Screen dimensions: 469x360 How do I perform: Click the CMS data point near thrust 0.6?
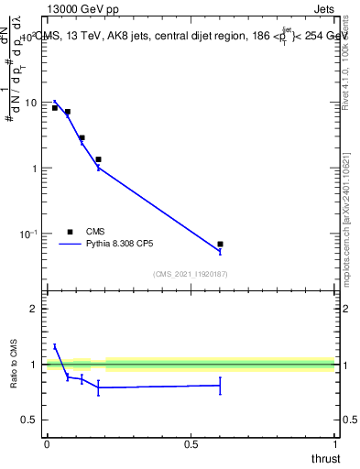(x=220, y=245)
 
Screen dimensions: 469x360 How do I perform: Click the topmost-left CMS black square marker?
(x=55, y=108)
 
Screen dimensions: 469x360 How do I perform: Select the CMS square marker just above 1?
(x=98, y=159)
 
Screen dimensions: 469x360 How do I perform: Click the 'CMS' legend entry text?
(x=96, y=232)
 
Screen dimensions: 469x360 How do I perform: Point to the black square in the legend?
(x=69, y=232)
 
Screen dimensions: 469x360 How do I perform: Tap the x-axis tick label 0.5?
(x=191, y=443)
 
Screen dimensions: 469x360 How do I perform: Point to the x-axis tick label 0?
(x=47, y=443)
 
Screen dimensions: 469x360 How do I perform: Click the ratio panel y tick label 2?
(x=33, y=309)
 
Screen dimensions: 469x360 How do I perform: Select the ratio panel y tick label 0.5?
(x=28, y=420)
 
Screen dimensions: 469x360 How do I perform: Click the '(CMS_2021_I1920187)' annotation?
(x=190, y=274)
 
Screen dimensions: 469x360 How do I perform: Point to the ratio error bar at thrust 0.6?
(x=220, y=386)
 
